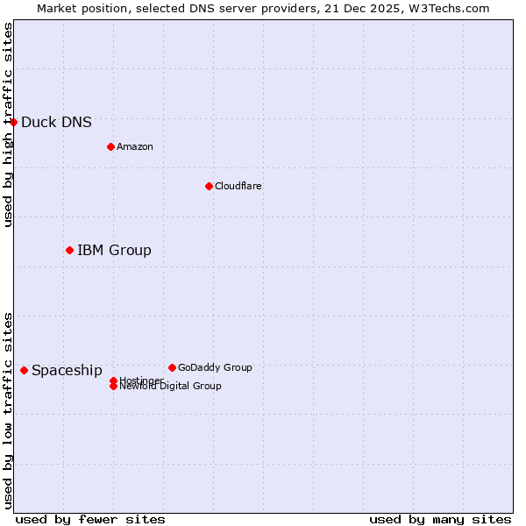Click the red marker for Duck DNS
pyautogui.click(x=14, y=122)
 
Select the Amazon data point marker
pyautogui.click(x=110, y=146)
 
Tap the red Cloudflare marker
pyautogui.click(x=209, y=186)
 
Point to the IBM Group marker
pyautogui.click(x=69, y=251)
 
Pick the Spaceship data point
pyautogui.click(x=24, y=371)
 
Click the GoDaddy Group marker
pyautogui.click(x=172, y=367)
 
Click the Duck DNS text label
pyautogui.click(x=56, y=123)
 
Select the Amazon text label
pyautogui.click(x=134, y=147)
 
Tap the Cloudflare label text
pyautogui.click(x=238, y=187)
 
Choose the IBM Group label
pyautogui.click(x=114, y=251)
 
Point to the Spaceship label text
pyautogui.click(x=67, y=371)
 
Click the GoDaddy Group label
pyautogui.click(x=215, y=368)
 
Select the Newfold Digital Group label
pyautogui.click(x=170, y=387)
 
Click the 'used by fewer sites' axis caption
pyautogui.click(x=90, y=519)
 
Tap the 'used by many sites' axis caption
pyautogui.click(x=440, y=519)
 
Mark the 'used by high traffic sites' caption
pyautogui.click(x=8, y=124)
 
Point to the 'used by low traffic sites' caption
pyautogui.click(x=8, y=410)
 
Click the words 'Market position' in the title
pyautogui.click(x=77, y=8)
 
